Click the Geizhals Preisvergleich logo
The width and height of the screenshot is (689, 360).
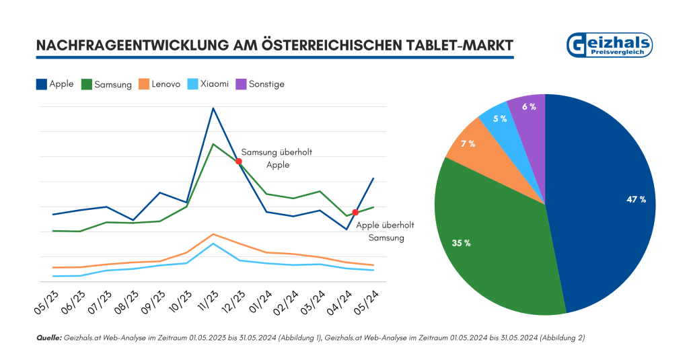(x=610, y=45)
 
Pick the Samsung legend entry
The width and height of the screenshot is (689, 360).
(x=106, y=84)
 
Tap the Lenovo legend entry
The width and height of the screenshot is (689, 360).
(x=159, y=84)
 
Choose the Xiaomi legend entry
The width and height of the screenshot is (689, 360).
(x=207, y=84)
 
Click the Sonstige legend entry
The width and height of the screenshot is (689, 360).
(x=259, y=84)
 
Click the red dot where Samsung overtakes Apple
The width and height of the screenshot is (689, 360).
(x=239, y=161)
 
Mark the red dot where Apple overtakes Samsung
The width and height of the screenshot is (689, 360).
(x=355, y=213)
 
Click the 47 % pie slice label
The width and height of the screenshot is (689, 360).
(x=636, y=199)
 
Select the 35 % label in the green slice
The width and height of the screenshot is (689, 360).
(x=461, y=243)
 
